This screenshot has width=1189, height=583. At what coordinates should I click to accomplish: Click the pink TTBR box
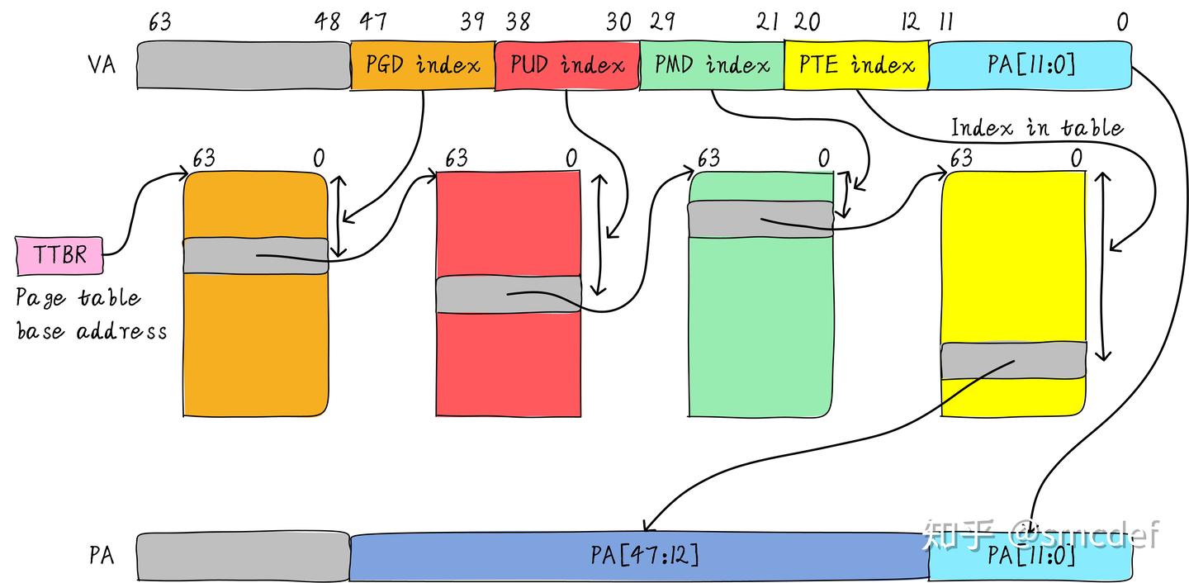point(60,254)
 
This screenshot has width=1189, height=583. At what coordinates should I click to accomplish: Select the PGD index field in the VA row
point(423,64)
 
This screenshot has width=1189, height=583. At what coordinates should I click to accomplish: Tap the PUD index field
point(567,64)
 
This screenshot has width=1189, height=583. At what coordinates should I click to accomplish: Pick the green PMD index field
point(712,64)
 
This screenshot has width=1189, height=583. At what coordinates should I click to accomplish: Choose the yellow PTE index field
point(856,64)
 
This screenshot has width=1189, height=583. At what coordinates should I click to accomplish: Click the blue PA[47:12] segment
point(640,556)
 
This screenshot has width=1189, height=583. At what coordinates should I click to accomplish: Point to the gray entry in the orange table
point(255,255)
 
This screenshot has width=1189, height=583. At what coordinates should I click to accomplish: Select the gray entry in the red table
point(508,294)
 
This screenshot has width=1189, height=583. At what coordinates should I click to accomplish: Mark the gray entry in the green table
point(760,219)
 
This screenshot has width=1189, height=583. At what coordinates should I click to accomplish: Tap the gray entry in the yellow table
point(1013,360)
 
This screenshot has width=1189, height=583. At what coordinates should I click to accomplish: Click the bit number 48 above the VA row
point(328,22)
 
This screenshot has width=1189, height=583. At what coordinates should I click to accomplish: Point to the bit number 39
point(472,22)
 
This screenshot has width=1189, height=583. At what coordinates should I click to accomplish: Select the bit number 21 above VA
point(767,22)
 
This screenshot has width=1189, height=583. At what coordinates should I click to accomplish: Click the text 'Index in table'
point(1037,127)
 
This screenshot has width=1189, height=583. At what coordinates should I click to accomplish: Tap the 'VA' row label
point(101,64)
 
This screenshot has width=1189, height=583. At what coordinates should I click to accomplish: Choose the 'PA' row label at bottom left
point(101,555)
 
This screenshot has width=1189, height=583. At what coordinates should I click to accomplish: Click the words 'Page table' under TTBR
point(78,298)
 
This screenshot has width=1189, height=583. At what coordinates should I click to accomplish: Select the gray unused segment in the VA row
point(244,64)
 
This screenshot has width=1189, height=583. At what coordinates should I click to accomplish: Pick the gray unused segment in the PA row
point(244,556)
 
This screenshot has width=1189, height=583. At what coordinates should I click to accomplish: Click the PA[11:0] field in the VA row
point(1030,64)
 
